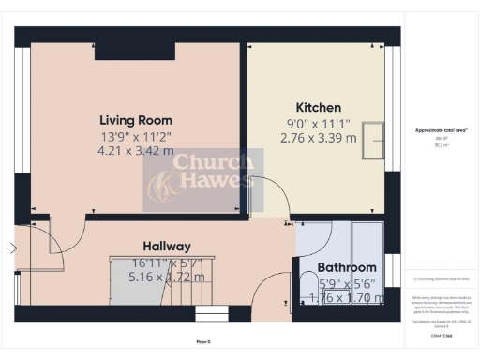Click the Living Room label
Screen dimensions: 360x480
coord(136,120)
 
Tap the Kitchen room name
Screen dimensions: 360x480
coord(318,108)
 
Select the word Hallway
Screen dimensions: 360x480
coord(167,245)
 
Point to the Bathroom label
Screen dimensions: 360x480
coord(347,267)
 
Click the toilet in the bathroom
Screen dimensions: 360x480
coord(307,286)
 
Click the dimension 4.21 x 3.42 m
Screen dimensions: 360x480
coord(136,150)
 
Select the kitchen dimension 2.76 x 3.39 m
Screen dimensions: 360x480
coord(318,138)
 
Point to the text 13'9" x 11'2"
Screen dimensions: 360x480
coord(136,135)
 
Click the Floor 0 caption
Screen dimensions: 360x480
coord(203,341)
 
